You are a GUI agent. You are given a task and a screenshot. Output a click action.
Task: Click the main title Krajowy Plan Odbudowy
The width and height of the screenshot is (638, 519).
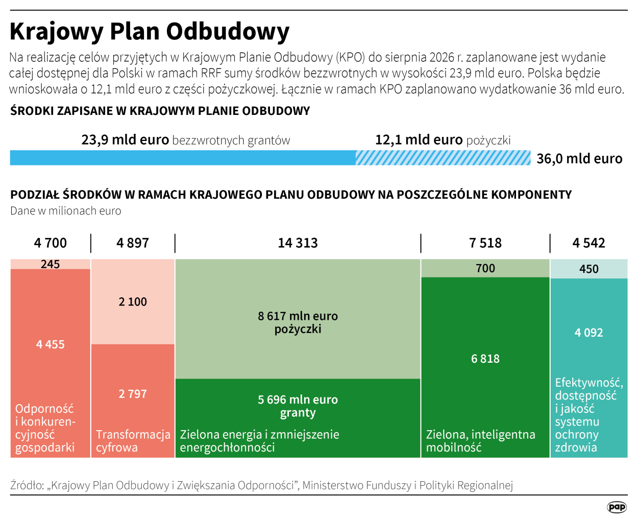(150, 31)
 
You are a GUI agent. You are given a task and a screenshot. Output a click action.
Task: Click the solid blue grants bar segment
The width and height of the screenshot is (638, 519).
(183, 158)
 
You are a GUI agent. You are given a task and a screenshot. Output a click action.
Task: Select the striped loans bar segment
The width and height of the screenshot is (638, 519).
(443, 158)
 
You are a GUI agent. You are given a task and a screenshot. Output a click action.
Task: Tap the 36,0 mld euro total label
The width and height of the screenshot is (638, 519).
(579, 159)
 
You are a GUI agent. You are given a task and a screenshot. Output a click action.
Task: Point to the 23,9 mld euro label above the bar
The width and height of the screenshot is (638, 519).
(125, 140)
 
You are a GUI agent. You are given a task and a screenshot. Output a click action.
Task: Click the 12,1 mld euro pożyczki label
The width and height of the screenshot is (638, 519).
(443, 140)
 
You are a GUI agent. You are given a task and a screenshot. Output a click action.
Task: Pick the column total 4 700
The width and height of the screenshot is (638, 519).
(51, 243)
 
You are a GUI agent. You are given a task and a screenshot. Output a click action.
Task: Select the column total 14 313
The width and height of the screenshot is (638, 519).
(298, 243)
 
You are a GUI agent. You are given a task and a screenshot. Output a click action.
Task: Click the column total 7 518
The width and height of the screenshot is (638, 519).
(485, 243)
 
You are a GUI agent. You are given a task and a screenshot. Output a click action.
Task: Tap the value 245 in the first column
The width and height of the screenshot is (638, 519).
(51, 264)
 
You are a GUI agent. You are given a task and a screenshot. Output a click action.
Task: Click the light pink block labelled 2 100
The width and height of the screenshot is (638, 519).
(133, 302)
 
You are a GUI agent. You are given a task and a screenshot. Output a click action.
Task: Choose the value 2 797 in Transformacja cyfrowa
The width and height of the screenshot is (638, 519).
(133, 394)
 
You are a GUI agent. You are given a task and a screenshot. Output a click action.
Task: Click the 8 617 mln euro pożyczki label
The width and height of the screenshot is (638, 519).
(298, 322)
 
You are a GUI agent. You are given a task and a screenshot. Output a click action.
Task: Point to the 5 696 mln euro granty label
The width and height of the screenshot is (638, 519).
(298, 406)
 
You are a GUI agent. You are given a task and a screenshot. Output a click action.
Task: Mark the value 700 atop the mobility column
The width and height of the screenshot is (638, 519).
(485, 268)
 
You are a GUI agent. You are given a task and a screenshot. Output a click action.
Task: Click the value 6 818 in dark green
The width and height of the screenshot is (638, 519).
(485, 359)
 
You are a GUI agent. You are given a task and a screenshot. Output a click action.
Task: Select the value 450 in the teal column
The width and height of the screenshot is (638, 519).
(589, 269)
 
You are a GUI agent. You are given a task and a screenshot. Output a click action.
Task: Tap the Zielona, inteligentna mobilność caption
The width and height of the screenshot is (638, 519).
(480, 441)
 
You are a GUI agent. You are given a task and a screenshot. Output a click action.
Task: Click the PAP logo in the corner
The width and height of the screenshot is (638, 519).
(617, 507)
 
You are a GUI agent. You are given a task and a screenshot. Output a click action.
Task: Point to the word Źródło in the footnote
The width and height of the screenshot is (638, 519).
(27, 485)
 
